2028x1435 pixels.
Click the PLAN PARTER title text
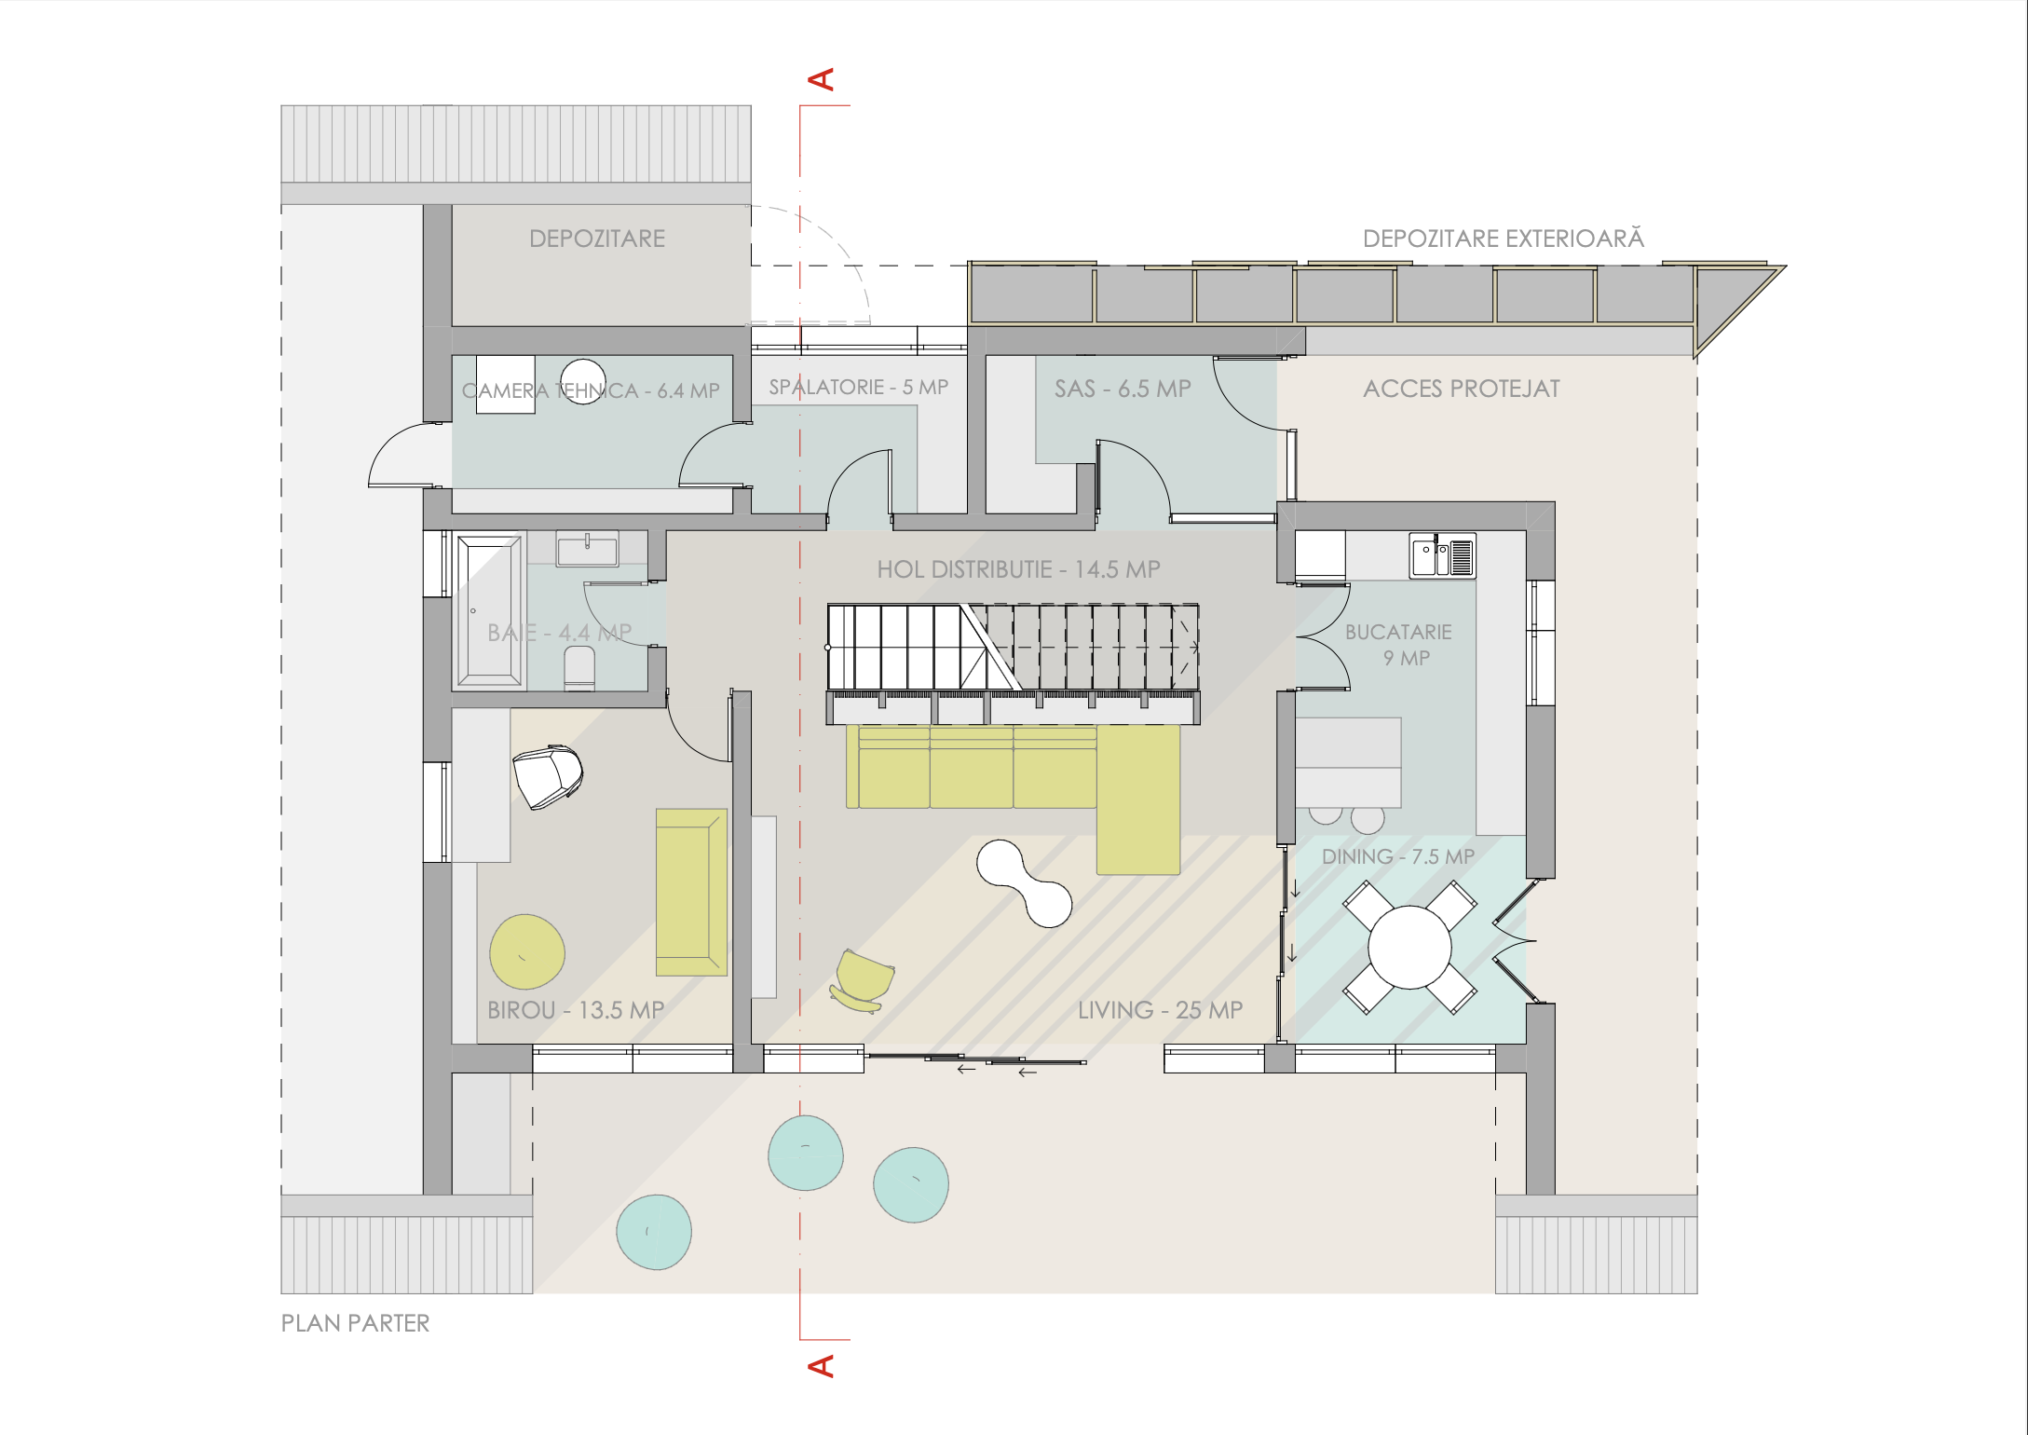click(x=355, y=1323)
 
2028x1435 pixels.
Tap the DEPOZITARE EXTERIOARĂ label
click(x=1503, y=238)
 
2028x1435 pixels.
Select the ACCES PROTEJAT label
click(x=1461, y=389)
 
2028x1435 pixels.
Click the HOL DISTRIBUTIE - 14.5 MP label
click(x=1018, y=569)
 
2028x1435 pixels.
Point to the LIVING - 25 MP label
click(x=1160, y=1010)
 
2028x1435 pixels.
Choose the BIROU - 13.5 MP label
click(x=576, y=1010)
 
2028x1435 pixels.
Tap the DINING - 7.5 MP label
click(x=1397, y=856)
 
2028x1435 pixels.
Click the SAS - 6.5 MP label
click(x=1123, y=389)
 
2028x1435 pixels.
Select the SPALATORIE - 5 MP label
click(x=858, y=387)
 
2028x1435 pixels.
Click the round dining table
click(x=1409, y=947)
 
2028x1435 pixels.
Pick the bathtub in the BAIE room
click(x=489, y=610)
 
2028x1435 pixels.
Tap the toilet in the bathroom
click(x=579, y=669)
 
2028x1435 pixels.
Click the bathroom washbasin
click(x=587, y=549)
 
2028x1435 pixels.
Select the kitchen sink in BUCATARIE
click(x=1442, y=556)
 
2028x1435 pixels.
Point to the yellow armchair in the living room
click(x=863, y=980)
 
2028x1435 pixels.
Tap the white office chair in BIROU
click(x=548, y=776)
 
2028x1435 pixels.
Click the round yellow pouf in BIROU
click(x=527, y=951)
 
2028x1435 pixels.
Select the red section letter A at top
click(x=821, y=79)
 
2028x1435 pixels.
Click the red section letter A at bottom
click(x=821, y=1366)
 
